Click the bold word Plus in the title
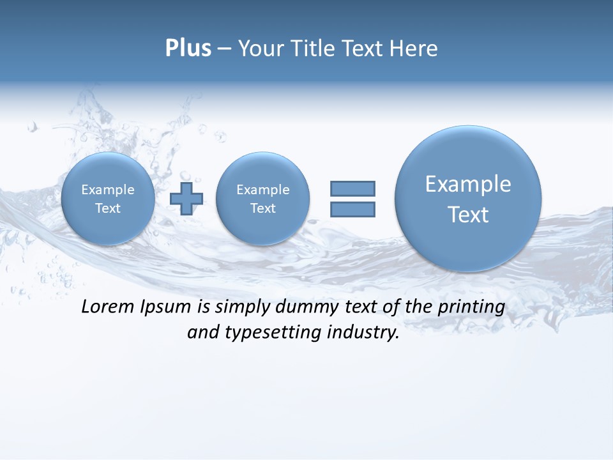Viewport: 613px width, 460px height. point(188,49)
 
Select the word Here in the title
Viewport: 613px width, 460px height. point(415,49)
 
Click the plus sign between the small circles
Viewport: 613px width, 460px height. point(186,199)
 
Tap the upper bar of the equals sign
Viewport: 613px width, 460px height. point(352,188)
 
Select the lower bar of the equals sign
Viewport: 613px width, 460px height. point(352,209)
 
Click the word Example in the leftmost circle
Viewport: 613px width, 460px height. point(108,190)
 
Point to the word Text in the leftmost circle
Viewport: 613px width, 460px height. point(108,208)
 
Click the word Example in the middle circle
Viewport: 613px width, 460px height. point(263,190)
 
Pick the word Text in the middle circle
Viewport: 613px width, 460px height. point(263,208)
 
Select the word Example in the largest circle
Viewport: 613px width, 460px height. point(468,184)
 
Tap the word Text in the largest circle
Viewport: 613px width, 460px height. point(468,215)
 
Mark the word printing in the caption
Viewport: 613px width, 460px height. point(471,307)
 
